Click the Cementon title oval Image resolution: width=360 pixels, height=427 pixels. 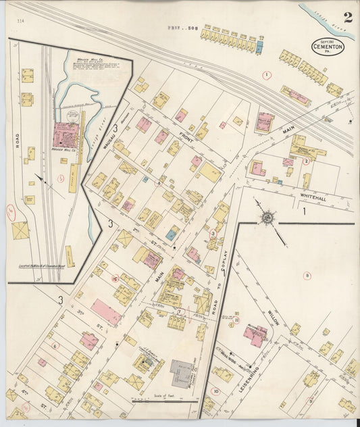tap(328, 47)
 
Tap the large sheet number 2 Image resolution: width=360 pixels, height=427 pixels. tap(346, 18)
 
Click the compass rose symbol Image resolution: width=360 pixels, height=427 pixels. tap(267, 217)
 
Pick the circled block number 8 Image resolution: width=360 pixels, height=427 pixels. tap(307, 275)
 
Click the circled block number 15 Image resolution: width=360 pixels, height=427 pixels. tap(115, 278)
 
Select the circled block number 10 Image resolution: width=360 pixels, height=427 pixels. tap(215, 391)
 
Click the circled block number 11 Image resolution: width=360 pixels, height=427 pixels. tap(236, 321)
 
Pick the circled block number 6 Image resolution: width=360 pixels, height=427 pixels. tap(55, 345)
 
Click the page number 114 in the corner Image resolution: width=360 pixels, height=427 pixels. tap(20, 21)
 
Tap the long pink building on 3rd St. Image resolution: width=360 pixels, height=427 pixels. tap(106, 311)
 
